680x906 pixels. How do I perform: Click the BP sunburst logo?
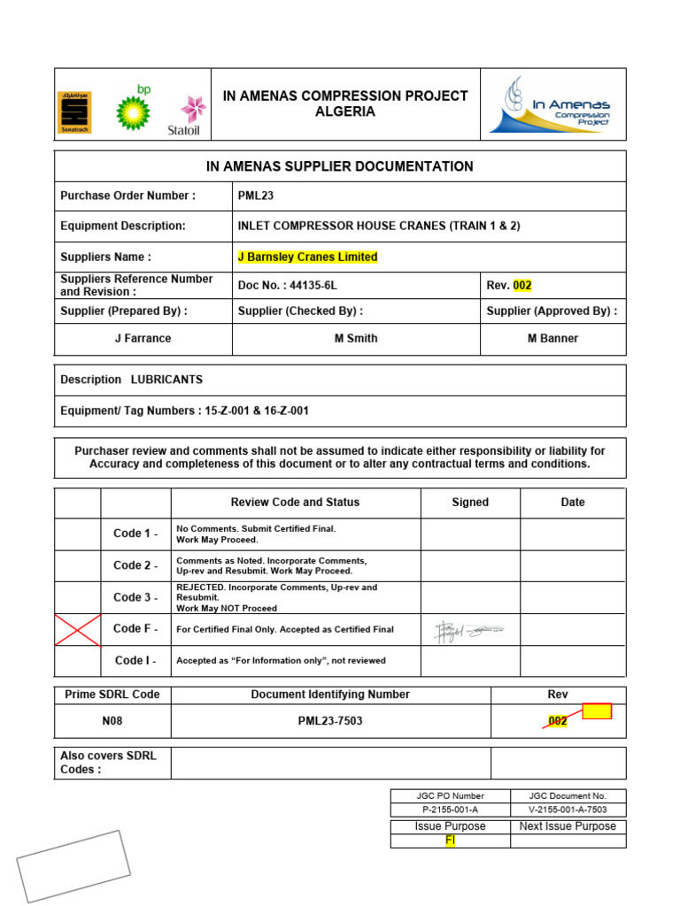pyautogui.click(x=134, y=110)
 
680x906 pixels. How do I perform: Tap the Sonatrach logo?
pyautogui.click(x=73, y=112)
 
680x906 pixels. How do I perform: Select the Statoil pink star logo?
pyautogui.click(x=192, y=110)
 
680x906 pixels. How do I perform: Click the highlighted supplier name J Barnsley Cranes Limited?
pyautogui.click(x=307, y=257)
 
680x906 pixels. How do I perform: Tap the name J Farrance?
pyautogui.click(x=143, y=338)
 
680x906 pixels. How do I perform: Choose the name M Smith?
pyautogui.click(x=356, y=338)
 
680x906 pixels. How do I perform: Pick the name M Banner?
pyautogui.click(x=552, y=338)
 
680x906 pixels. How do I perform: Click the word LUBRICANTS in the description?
pyautogui.click(x=166, y=380)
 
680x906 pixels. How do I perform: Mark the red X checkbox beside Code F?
pyautogui.click(x=78, y=630)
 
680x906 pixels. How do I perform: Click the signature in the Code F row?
pyautogui.click(x=469, y=630)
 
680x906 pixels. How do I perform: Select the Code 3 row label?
pyautogui.click(x=135, y=597)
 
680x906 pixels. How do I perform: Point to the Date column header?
pyautogui.click(x=573, y=502)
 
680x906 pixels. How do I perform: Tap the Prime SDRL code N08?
pyautogui.click(x=112, y=721)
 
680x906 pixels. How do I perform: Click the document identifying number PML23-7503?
pyautogui.click(x=330, y=721)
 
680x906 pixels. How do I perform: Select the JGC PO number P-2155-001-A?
pyautogui.click(x=450, y=810)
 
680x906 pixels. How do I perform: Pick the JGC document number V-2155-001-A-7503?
pyautogui.click(x=568, y=810)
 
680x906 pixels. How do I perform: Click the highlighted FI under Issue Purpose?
pyautogui.click(x=450, y=841)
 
